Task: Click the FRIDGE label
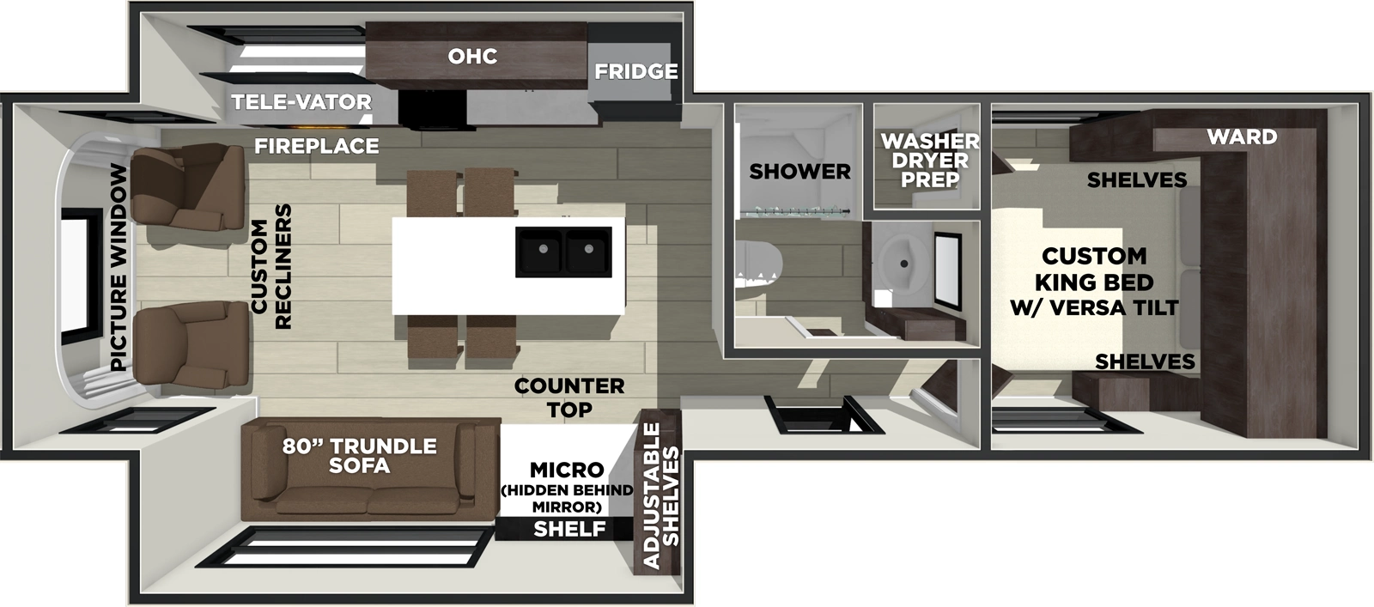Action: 635,71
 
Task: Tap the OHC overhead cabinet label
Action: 472,57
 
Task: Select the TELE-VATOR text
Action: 301,102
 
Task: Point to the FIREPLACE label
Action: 316,147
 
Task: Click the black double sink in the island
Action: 563,252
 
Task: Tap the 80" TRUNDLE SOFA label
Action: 359,456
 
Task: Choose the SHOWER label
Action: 799,172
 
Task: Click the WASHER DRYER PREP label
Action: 929,160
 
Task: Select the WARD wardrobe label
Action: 1241,137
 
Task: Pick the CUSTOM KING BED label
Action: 1094,282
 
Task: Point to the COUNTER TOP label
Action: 569,398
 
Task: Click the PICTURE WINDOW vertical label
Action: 119,267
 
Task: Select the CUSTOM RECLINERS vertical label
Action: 271,267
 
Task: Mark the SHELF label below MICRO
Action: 569,529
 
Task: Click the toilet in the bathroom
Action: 756,267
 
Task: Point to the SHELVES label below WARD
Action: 1136,179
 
